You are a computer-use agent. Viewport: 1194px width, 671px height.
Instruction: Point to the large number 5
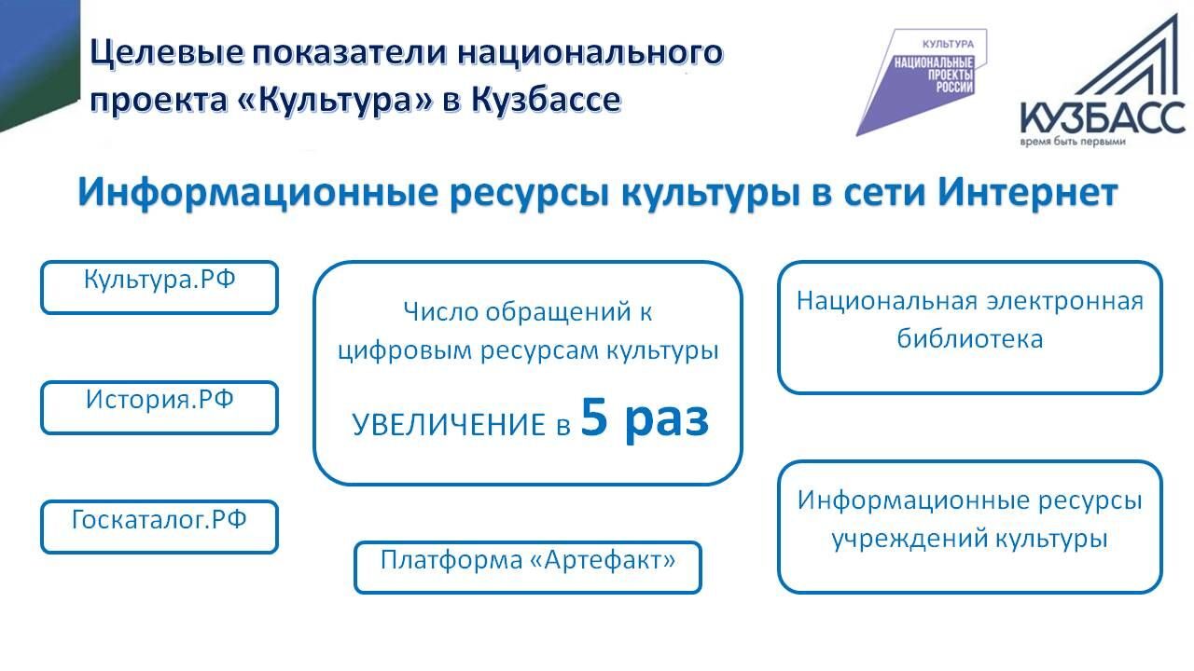[x=594, y=418]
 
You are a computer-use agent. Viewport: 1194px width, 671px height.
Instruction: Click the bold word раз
[x=667, y=422]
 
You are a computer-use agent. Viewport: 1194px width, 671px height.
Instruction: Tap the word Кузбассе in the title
[x=546, y=100]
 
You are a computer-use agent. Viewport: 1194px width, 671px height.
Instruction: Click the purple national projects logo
[x=921, y=82]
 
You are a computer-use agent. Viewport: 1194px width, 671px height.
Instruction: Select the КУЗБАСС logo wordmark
[x=1102, y=117]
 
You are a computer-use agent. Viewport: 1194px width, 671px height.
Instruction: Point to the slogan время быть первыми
[x=1073, y=142]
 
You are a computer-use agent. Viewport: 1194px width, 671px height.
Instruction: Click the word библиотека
[x=969, y=338]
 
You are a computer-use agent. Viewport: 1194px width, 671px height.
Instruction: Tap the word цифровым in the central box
[x=405, y=351]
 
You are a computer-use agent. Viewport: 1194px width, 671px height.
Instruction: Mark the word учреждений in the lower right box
[x=909, y=539]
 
